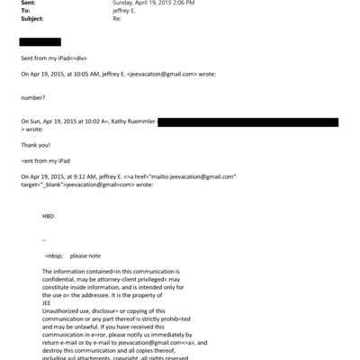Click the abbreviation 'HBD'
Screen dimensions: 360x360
(x=48, y=217)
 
